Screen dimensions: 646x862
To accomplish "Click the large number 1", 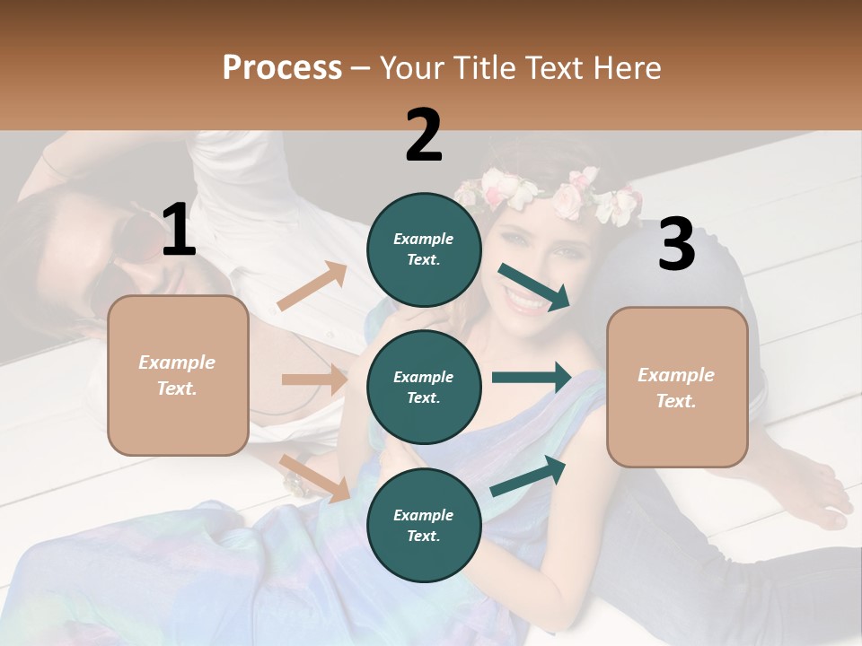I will tap(179, 230).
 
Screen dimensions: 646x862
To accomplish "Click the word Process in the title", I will tap(282, 67).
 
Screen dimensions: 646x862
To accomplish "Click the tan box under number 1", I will tap(178, 375).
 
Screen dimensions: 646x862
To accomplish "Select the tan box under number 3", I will tap(677, 387).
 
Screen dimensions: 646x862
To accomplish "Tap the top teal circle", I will tap(424, 249).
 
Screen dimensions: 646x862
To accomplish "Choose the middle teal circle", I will tap(424, 387).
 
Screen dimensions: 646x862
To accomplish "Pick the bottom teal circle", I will tap(424, 525).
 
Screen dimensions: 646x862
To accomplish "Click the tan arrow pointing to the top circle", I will tap(312, 287).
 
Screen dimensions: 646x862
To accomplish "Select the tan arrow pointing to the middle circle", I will tap(314, 380).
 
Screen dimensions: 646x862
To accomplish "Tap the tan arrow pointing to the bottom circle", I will tap(315, 478).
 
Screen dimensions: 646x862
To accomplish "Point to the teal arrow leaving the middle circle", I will tap(531, 378).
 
